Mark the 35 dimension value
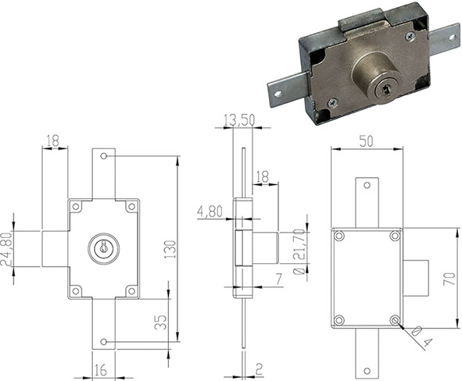coord(161,322)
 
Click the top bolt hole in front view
coord(103,156)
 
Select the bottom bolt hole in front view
coord(103,341)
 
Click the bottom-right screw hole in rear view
coord(395,319)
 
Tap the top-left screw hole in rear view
coord(338,236)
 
